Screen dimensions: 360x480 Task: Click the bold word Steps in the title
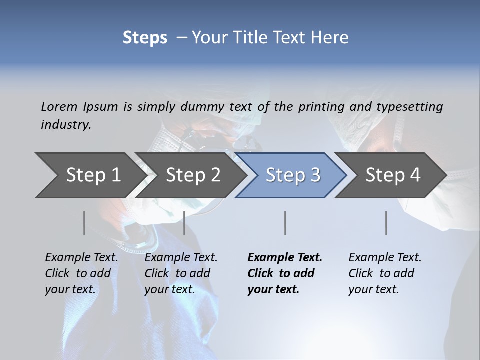coord(145,38)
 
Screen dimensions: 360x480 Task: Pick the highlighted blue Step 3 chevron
coord(293,175)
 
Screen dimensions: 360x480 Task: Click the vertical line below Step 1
coord(84,223)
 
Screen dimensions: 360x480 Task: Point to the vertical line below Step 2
coord(184,223)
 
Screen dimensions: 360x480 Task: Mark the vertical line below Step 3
coord(285,223)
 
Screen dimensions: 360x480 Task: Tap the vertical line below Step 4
coord(386,223)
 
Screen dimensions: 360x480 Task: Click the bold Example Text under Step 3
coord(285,273)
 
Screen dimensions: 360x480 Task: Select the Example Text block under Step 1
coord(82,273)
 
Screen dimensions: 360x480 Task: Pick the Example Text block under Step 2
coord(181,273)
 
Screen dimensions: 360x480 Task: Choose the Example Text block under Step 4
coord(385,273)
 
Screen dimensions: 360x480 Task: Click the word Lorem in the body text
coord(59,106)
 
